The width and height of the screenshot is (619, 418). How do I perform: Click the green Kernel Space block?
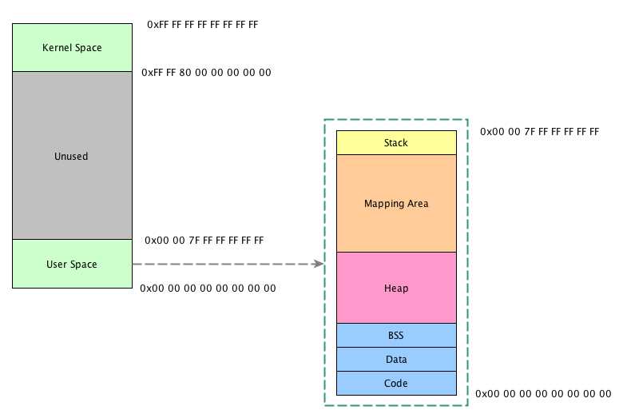point(72,47)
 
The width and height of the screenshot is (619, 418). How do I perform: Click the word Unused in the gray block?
point(72,156)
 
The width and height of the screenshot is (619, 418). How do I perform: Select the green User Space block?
point(72,264)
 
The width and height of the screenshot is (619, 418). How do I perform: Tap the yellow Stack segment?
point(396,143)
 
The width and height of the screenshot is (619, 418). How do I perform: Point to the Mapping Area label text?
point(396,204)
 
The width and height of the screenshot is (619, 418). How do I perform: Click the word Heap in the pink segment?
point(396,288)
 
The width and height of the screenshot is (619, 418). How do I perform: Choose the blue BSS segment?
point(396,336)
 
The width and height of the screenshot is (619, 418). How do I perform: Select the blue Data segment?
point(396,360)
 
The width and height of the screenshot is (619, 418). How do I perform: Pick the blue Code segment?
point(396,384)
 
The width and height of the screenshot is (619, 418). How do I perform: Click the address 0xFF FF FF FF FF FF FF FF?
point(202,25)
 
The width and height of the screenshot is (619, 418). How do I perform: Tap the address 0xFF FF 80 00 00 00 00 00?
point(206,73)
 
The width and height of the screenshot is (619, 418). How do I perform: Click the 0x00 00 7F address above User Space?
point(204,241)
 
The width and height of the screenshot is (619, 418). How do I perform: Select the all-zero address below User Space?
point(208,288)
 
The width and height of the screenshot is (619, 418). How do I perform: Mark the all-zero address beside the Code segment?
point(543,394)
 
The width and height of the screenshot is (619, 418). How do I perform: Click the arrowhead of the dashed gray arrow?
point(319,264)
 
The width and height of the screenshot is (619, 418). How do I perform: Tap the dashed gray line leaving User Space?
point(224,264)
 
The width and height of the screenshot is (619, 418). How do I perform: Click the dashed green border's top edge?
point(396,120)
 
